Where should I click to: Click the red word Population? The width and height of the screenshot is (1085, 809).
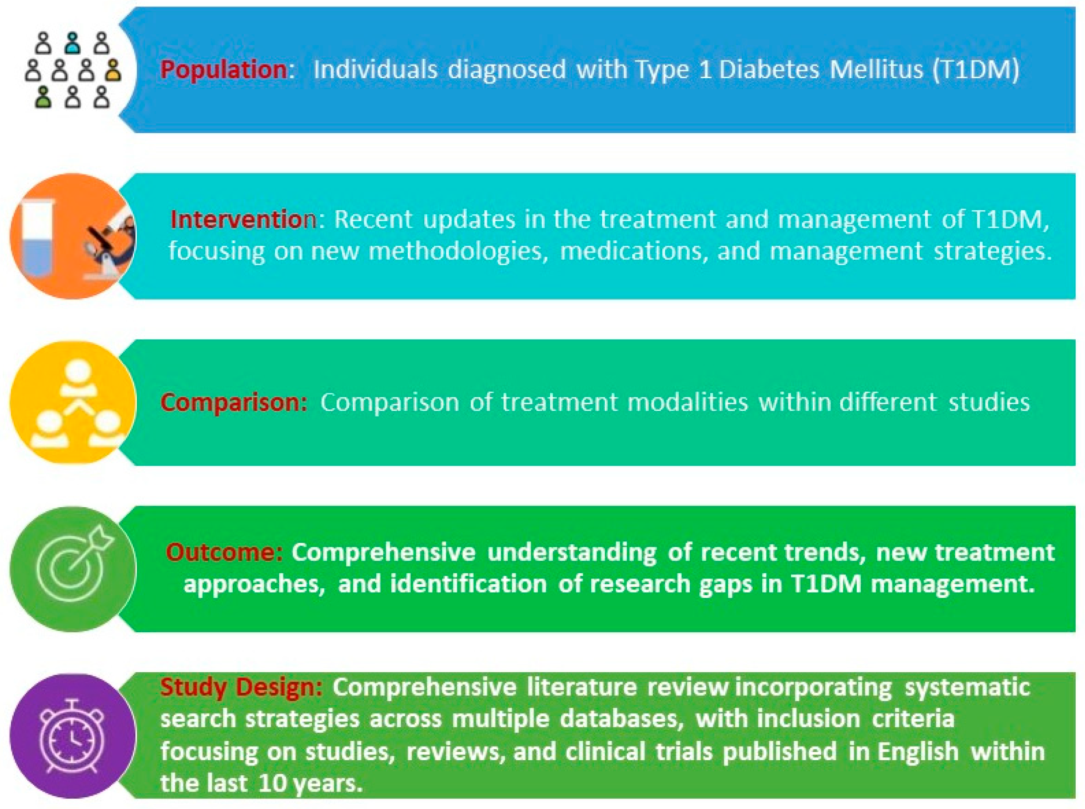click(x=224, y=69)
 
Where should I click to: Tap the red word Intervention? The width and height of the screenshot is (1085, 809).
click(x=244, y=219)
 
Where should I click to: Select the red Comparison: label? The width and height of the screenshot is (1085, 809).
click(x=234, y=403)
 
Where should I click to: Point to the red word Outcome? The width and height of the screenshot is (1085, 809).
click(x=224, y=552)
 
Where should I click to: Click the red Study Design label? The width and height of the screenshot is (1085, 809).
click(x=241, y=688)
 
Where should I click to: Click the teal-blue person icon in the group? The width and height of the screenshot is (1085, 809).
click(x=73, y=43)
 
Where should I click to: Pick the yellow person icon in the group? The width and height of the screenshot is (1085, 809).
click(x=113, y=70)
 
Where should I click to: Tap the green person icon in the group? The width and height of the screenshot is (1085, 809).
click(x=44, y=97)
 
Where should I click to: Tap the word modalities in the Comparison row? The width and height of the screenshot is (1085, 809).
click(x=688, y=403)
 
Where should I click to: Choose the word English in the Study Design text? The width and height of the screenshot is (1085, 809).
click(x=918, y=752)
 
